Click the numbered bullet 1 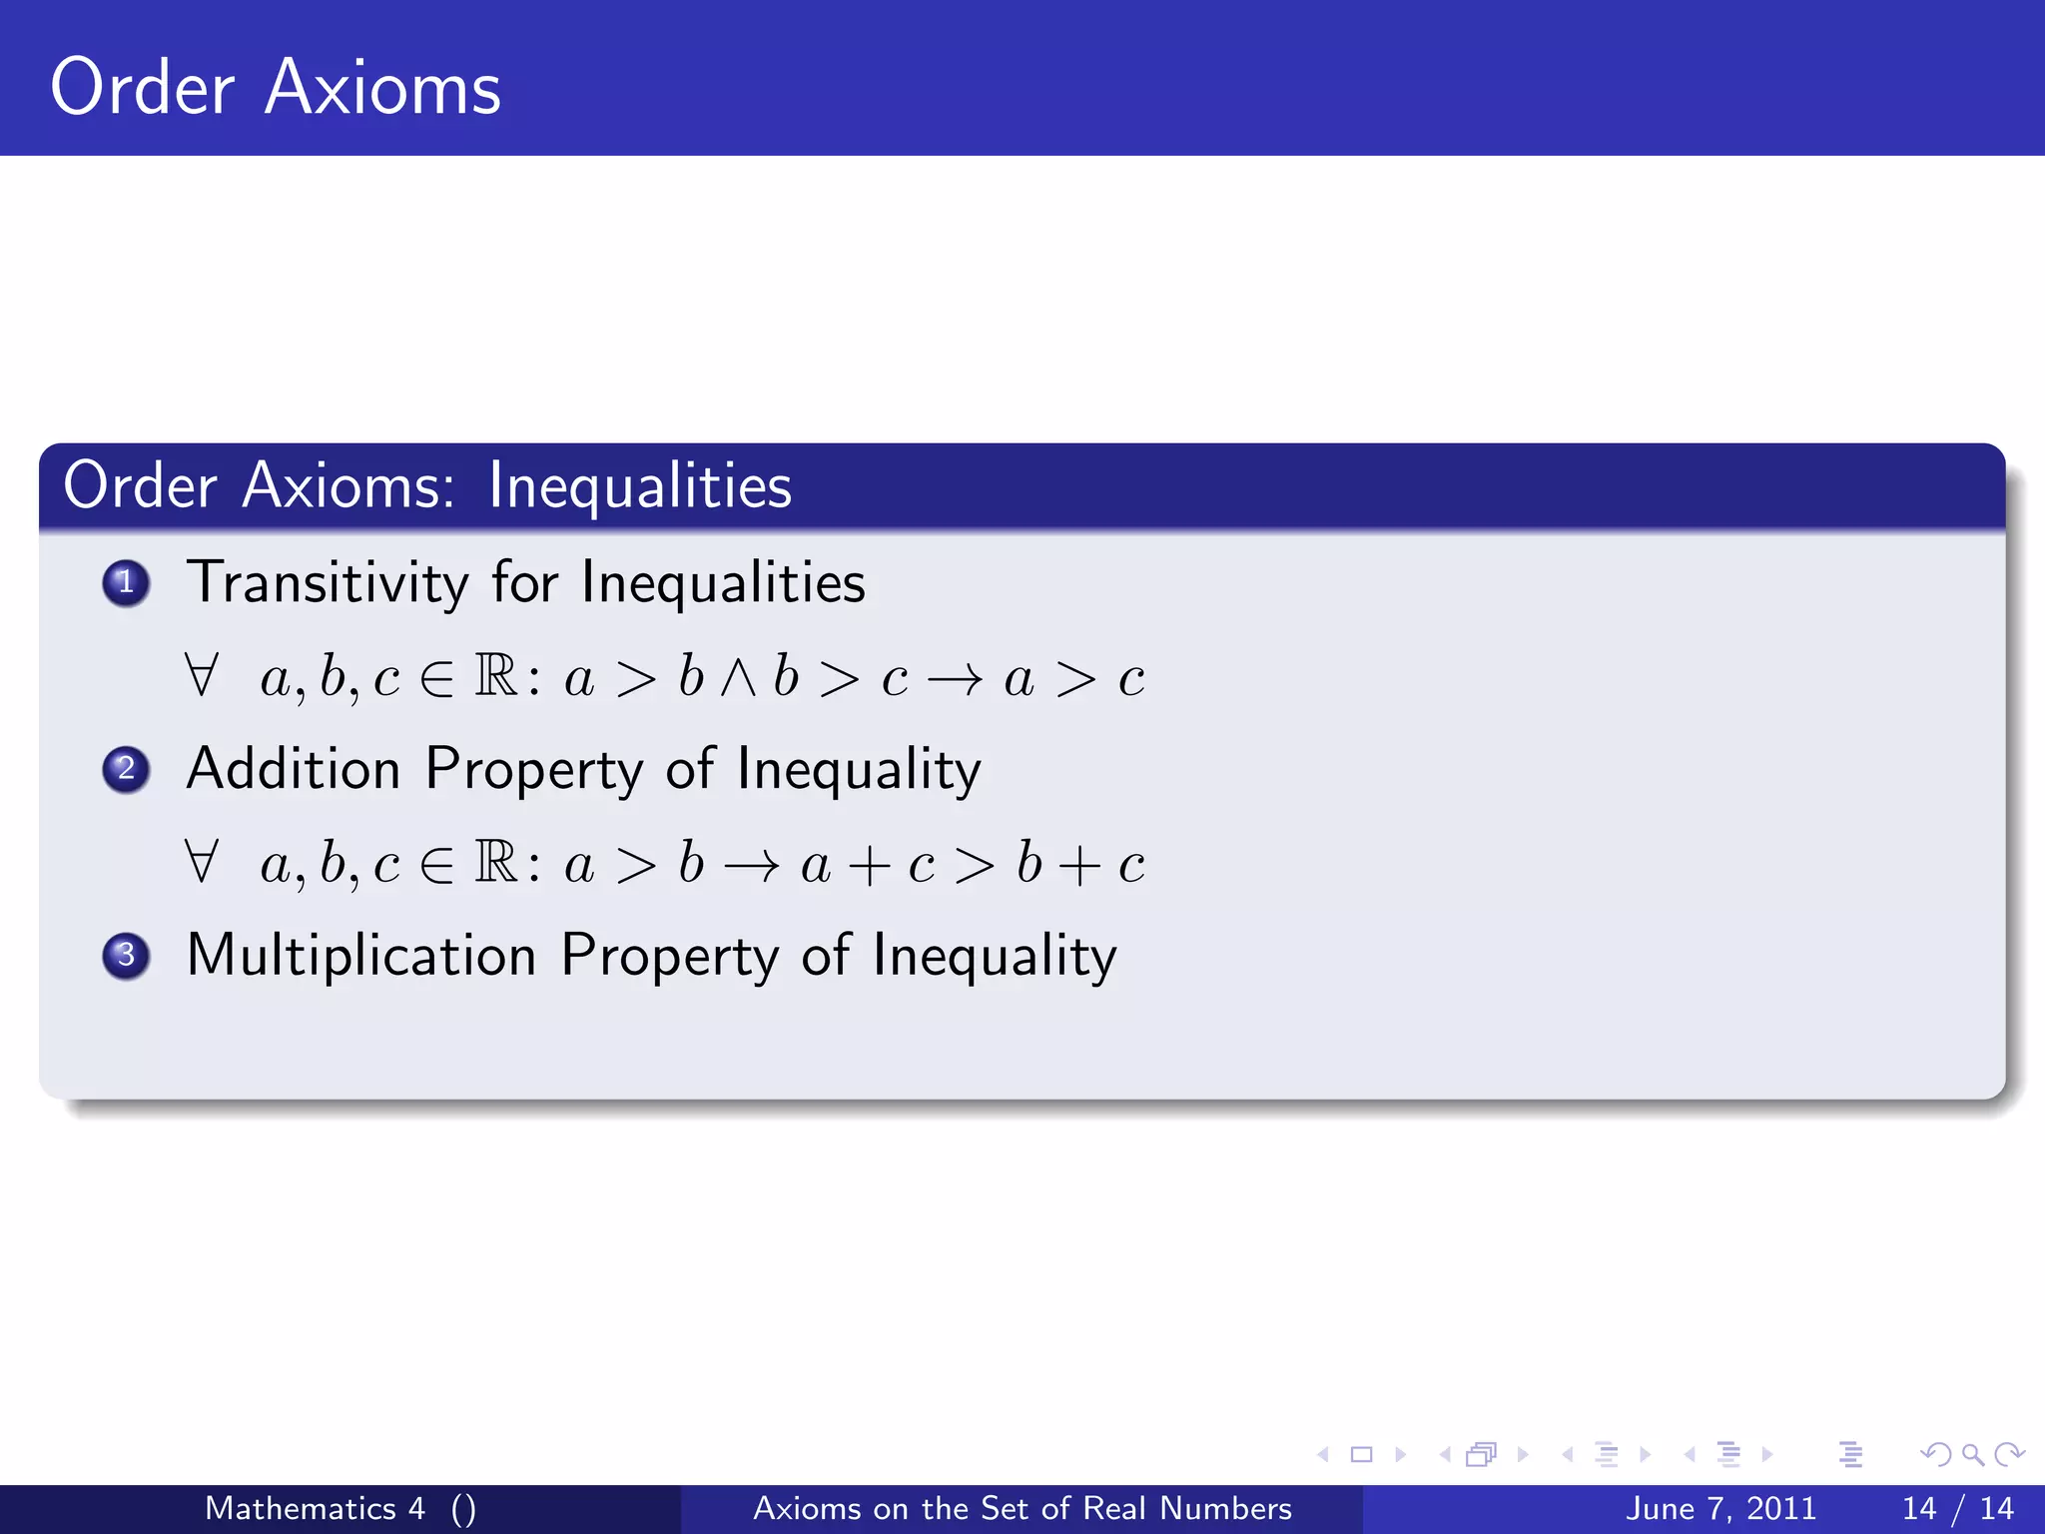126,583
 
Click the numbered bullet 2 126,770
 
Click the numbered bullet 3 126,956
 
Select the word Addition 294,770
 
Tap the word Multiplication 361,956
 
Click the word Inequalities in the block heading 640,487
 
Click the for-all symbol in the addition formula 201,863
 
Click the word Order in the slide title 142,88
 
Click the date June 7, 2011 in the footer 1720,1508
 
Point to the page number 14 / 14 1957,1508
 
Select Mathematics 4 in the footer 315,1508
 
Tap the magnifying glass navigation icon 1971,1455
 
